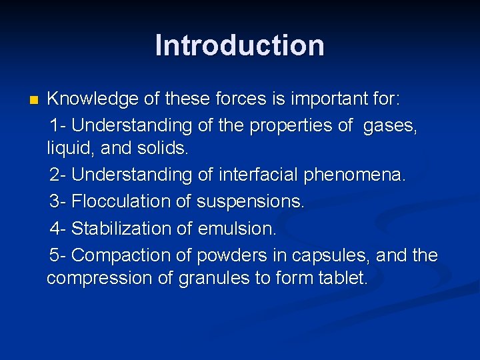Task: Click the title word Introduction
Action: click(239, 45)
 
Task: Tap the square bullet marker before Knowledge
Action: click(34, 101)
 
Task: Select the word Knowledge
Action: click(93, 100)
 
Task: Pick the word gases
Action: click(390, 125)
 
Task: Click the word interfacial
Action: click(257, 175)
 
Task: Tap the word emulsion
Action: click(237, 229)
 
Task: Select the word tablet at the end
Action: click(344, 278)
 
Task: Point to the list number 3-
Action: click(58, 201)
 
